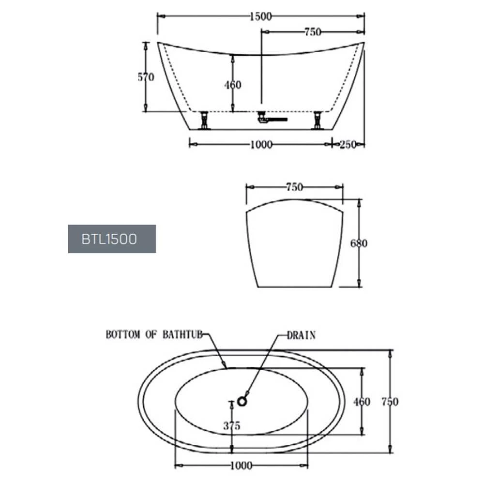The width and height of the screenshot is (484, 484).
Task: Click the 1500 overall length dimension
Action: [261, 16]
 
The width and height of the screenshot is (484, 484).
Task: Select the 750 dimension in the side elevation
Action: [312, 32]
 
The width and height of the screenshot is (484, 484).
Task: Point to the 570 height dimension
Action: [146, 77]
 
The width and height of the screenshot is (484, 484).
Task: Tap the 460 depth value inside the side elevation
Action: [232, 85]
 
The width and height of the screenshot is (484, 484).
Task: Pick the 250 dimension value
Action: [348, 144]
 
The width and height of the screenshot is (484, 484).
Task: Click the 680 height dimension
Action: [359, 243]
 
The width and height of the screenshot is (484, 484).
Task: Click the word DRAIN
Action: [301, 335]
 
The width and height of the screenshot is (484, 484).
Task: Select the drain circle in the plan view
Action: [242, 400]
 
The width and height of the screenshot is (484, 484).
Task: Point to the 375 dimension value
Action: [232, 426]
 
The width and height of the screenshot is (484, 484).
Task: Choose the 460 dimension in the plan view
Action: [362, 402]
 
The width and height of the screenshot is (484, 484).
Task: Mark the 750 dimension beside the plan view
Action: [390, 402]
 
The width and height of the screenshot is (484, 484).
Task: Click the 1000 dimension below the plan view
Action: [241, 466]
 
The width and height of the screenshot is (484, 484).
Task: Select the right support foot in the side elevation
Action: [318, 120]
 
